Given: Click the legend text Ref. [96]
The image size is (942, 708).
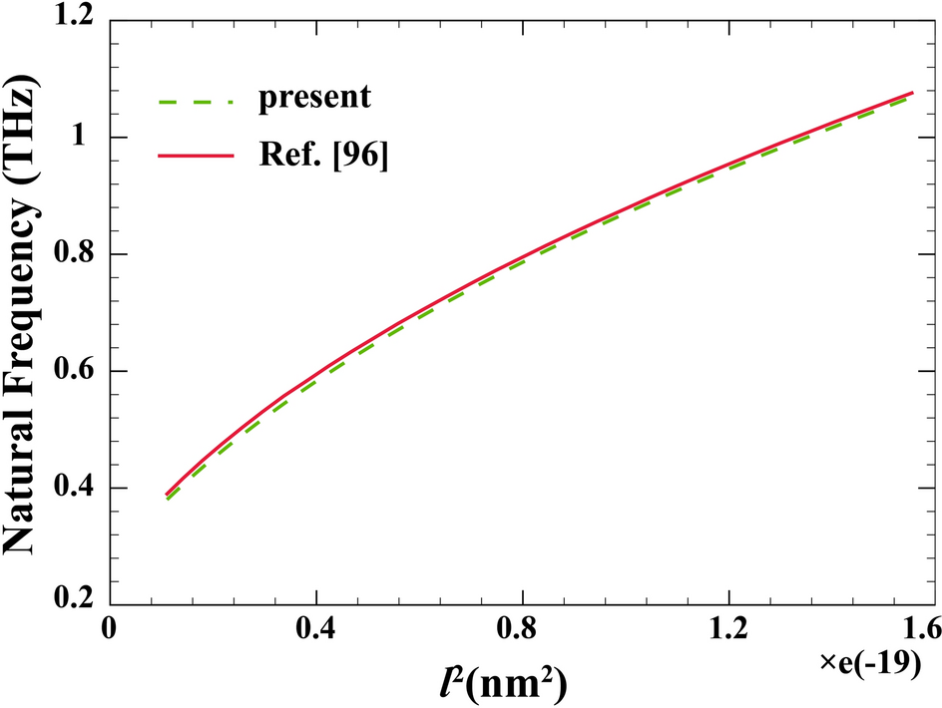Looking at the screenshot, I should tap(320, 157).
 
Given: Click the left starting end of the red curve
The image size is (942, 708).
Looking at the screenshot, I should tap(167, 494).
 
